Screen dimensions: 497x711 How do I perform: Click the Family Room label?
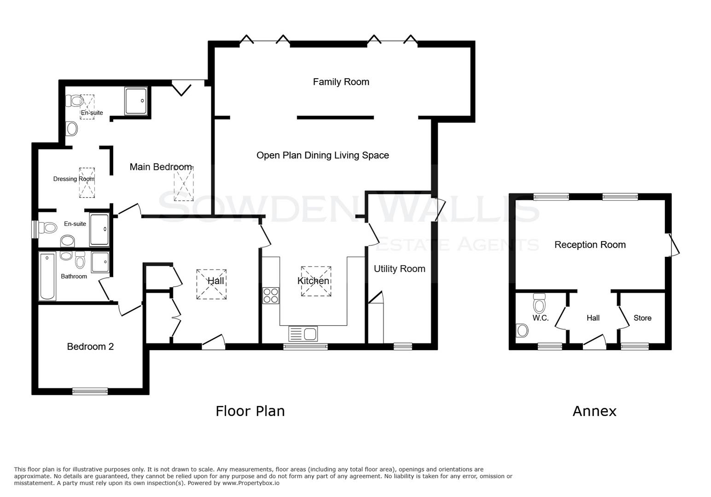click(x=341, y=82)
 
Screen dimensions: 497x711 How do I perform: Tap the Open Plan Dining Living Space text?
click(x=322, y=156)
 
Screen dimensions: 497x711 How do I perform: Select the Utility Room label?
click(x=399, y=269)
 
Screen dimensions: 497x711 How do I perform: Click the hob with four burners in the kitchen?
click(x=270, y=295)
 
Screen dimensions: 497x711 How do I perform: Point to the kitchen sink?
click(x=303, y=333)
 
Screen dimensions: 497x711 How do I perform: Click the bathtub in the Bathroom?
click(x=47, y=276)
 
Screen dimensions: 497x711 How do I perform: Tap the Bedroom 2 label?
click(x=90, y=347)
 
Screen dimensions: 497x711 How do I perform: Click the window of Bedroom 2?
click(x=90, y=391)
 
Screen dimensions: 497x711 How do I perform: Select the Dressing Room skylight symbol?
click(x=87, y=183)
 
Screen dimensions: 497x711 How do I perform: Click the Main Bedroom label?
click(x=160, y=167)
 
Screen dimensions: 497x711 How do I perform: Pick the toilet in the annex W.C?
click(x=539, y=303)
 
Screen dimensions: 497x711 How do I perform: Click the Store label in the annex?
click(x=642, y=318)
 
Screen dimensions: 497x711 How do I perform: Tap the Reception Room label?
click(x=590, y=245)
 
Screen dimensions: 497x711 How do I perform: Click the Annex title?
click(x=594, y=411)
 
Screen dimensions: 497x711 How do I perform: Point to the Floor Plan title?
click(x=250, y=411)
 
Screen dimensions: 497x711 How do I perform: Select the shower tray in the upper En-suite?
click(x=136, y=101)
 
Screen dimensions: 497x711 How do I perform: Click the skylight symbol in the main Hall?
click(x=211, y=284)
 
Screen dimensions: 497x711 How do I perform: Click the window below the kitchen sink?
click(x=305, y=347)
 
